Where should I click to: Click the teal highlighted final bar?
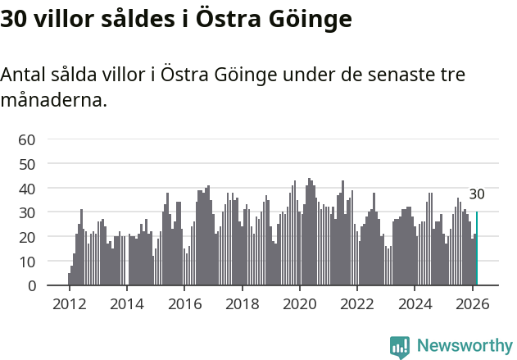[477, 248]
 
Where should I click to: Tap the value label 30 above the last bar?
[477, 194]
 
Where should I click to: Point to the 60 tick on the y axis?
[26, 139]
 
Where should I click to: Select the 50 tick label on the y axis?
[26, 164]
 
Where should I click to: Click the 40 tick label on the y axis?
[26, 188]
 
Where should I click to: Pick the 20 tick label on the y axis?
[26, 237]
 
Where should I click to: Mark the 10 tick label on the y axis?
[26, 262]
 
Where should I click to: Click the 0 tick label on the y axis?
[30, 285]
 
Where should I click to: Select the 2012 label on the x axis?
[69, 303]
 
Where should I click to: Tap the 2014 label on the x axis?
[126, 303]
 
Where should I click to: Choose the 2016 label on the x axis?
[184, 303]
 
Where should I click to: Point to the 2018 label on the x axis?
[242, 303]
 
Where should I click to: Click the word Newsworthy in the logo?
[464, 346]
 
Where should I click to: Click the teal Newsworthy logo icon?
[400, 346]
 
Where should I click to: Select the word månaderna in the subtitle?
[53, 102]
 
